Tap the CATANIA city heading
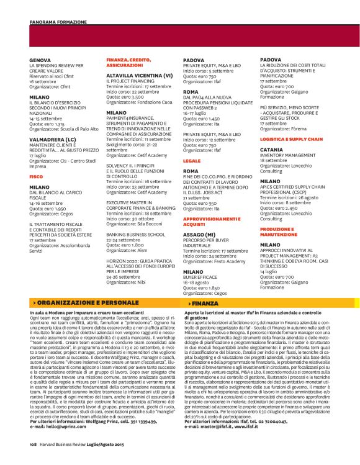coord(271,150)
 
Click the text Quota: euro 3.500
coord(125,97)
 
